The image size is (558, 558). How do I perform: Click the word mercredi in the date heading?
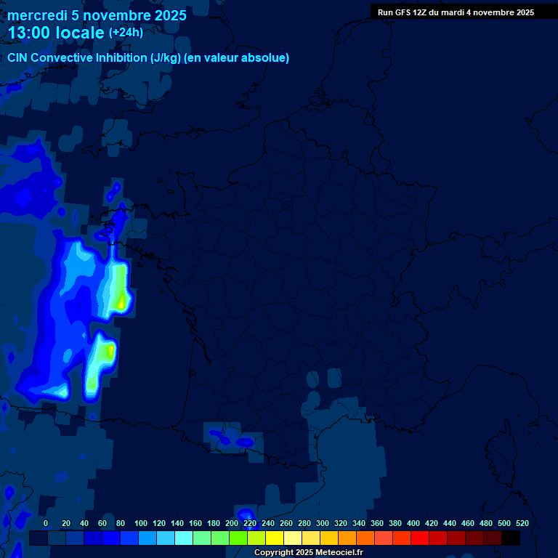coord(37,15)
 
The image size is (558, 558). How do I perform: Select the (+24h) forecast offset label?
coord(126,32)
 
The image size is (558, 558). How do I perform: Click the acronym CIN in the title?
coord(17,58)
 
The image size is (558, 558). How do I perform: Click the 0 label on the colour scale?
coord(46,523)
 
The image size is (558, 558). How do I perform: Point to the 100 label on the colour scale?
coord(140,523)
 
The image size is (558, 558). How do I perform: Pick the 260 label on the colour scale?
coord(286,523)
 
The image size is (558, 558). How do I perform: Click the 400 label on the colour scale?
coord(413,523)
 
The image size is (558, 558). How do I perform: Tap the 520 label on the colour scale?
coord(522,523)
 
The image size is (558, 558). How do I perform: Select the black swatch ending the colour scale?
coord(511,538)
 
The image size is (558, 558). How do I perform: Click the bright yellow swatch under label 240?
coord(275,538)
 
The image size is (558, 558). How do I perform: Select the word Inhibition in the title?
coord(121,58)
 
